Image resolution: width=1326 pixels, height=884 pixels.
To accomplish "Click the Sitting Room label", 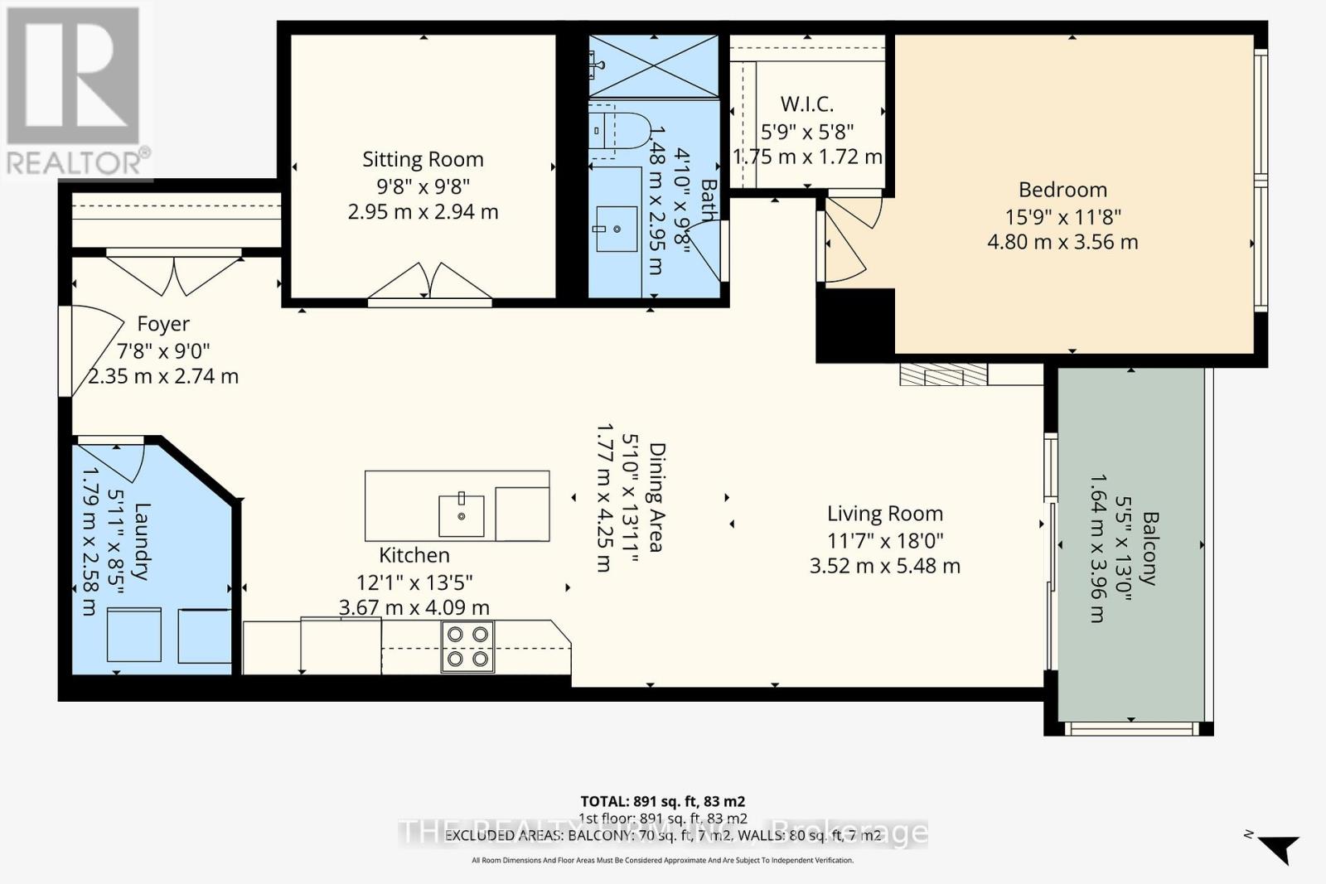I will coord(423,159).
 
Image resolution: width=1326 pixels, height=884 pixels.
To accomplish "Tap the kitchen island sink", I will coord(461,514).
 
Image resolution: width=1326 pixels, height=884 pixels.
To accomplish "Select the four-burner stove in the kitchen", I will coord(467,646).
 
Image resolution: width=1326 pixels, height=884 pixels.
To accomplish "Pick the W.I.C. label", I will coord(806,104).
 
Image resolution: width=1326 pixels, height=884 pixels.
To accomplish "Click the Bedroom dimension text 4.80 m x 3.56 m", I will coord(1062,242).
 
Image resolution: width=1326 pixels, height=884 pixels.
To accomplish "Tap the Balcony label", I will coord(1149,548).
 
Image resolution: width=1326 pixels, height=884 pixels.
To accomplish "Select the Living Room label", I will coord(884,514).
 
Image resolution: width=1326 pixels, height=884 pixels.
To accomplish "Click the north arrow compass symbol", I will coord(1278,847).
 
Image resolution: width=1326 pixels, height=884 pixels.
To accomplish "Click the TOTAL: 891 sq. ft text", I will coord(662,801).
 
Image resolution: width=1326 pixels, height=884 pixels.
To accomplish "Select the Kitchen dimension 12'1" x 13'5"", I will coord(414,582).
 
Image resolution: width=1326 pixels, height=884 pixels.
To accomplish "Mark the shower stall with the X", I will coord(653,66).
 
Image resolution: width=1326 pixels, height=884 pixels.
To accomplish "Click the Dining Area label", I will coord(657,497).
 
